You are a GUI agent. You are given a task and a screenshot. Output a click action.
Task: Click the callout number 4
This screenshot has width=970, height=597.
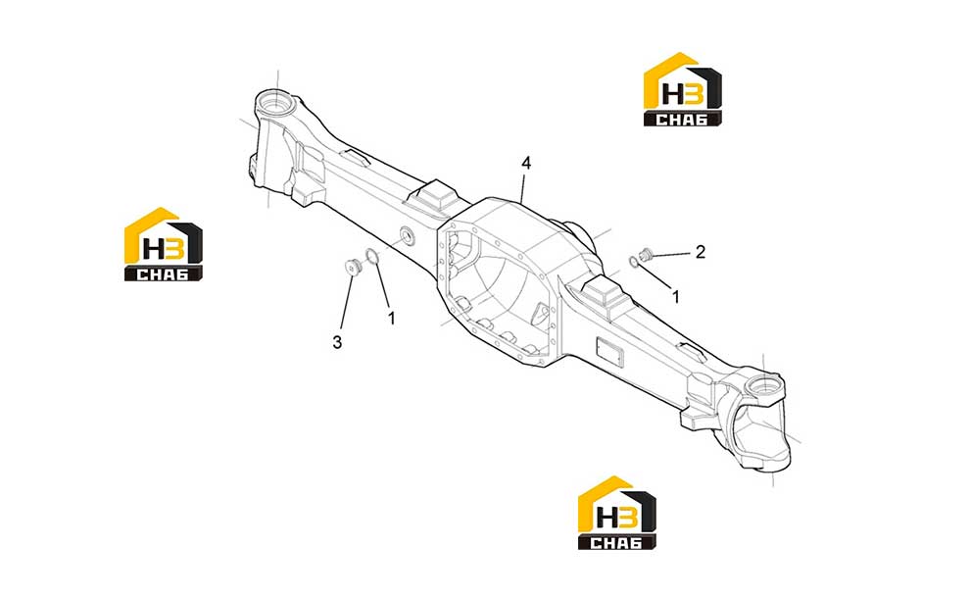pyautogui.click(x=526, y=164)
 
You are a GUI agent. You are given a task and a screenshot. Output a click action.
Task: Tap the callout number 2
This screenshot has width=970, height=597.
pyautogui.click(x=700, y=252)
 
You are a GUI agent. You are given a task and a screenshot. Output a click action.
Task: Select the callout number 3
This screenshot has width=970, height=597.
pyautogui.click(x=337, y=342)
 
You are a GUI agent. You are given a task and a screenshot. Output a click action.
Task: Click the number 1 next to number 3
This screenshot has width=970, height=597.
pyautogui.click(x=391, y=318)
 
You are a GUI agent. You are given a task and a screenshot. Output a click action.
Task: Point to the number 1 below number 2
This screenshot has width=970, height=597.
pyautogui.click(x=675, y=297)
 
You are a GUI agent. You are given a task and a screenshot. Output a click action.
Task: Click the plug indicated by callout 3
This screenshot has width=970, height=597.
pyautogui.click(x=354, y=267)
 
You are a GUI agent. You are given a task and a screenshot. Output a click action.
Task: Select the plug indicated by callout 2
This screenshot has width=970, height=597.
pyautogui.click(x=647, y=253)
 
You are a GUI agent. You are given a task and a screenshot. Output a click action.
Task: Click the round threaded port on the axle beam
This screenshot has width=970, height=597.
pyautogui.click(x=409, y=235)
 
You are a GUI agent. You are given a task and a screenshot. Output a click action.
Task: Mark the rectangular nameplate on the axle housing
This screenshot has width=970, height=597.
pyautogui.click(x=610, y=354)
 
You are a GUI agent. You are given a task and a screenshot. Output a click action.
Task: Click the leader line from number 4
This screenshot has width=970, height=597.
pyautogui.click(x=523, y=187)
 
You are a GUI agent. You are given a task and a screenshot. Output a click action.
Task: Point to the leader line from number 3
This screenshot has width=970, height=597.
pyautogui.click(x=347, y=303)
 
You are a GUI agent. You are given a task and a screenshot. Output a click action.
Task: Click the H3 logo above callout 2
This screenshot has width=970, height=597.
pyautogui.click(x=682, y=89)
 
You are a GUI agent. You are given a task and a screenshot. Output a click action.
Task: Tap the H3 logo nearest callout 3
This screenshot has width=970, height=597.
pyautogui.click(x=164, y=244)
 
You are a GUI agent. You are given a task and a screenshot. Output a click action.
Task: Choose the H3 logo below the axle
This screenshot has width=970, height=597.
pyautogui.click(x=616, y=513)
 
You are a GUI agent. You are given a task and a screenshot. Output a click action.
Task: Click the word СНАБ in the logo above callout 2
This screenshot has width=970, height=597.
pyautogui.click(x=682, y=120)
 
